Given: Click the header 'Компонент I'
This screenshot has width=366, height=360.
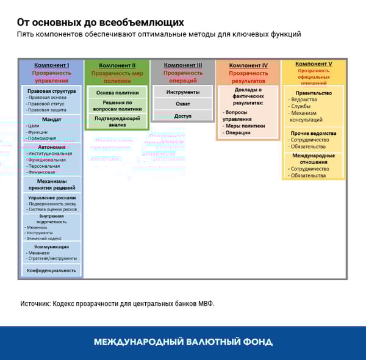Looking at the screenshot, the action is click(51, 65).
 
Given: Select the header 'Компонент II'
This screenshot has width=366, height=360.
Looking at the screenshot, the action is click(117, 65).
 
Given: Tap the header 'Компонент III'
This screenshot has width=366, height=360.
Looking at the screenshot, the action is click(183, 65).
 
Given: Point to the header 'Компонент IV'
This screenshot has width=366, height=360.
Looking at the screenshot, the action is click(248, 65).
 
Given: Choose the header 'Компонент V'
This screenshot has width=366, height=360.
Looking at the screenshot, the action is click(314, 64).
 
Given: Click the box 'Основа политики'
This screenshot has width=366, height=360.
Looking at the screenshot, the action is click(117, 93).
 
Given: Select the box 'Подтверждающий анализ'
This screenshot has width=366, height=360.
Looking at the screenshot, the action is click(117, 121).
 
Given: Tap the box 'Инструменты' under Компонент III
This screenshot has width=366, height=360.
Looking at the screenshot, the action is click(183, 92).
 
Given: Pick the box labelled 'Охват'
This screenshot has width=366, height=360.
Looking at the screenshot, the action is click(183, 104).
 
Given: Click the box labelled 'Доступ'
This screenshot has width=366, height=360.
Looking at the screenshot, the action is click(183, 116).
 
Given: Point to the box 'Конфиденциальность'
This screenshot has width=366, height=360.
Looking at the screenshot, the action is click(51, 270).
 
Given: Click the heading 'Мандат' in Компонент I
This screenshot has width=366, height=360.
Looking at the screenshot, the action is click(51, 120).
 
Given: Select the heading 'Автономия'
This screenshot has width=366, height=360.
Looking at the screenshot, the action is click(51, 147).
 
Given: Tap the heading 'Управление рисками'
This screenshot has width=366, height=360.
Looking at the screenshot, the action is click(51, 198).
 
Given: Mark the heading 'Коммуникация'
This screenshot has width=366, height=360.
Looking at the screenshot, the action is click(51, 247).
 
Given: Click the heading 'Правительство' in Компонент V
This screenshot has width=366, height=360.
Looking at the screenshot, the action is click(314, 93).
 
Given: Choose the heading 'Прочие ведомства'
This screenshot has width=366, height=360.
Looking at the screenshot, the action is click(314, 133).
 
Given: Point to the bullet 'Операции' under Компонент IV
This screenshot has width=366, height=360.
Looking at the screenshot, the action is click(238, 132).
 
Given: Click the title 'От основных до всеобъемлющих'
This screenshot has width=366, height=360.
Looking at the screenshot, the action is click(100, 23).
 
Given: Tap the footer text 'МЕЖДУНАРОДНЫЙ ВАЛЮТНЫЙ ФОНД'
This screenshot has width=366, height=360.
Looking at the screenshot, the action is click(183, 342).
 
